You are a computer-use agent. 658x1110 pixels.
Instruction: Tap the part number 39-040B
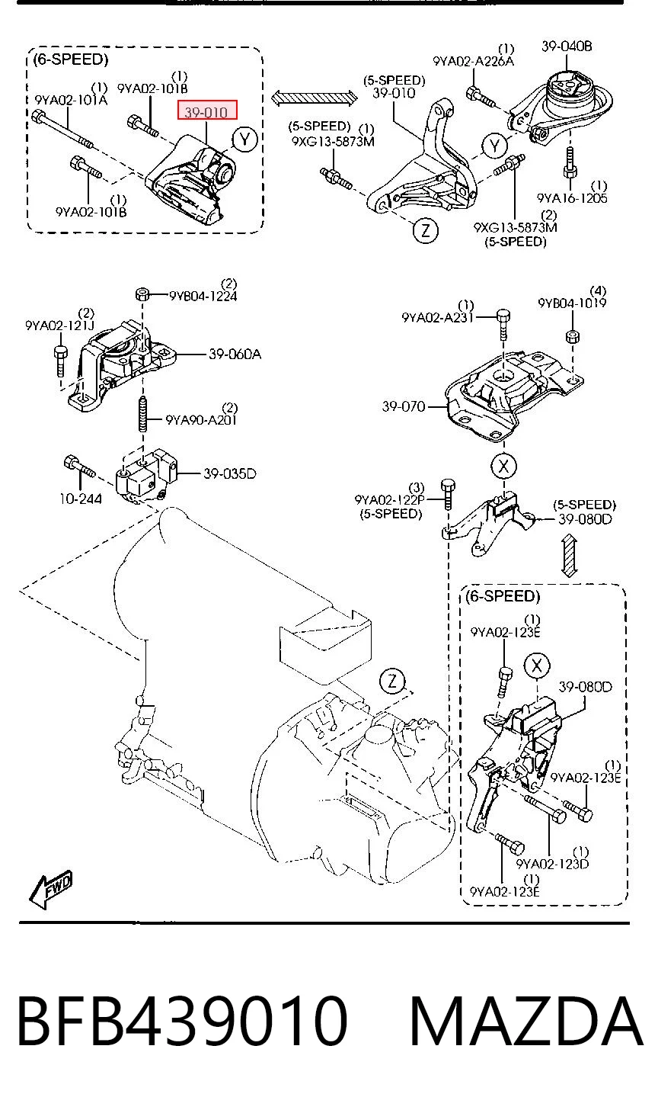(x=567, y=47)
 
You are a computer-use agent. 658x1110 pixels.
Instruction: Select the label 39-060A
(x=235, y=354)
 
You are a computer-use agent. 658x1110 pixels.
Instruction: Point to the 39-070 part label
(x=404, y=407)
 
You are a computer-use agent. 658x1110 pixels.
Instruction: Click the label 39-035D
(x=230, y=473)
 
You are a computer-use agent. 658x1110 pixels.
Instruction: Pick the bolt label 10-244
(x=81, y=499)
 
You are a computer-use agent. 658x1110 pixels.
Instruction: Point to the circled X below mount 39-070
(x=503, y=466)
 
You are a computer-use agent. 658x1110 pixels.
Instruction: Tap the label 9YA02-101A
(x=71, y=101)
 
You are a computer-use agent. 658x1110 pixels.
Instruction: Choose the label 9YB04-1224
(x=203, y=297)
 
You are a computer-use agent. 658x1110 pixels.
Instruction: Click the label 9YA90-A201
(x=201, y=420)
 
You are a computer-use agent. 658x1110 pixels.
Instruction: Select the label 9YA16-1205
(x=572, y=198)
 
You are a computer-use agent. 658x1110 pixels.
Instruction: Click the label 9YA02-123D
(x=553, y=864)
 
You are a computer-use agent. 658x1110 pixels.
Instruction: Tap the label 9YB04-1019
(x=572, y=303)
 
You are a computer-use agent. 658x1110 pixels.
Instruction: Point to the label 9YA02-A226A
(x=474, y=61)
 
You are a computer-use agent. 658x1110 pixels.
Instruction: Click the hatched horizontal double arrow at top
(x=315, y=97)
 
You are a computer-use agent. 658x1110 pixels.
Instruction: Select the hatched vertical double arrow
(x=570, y=556)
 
